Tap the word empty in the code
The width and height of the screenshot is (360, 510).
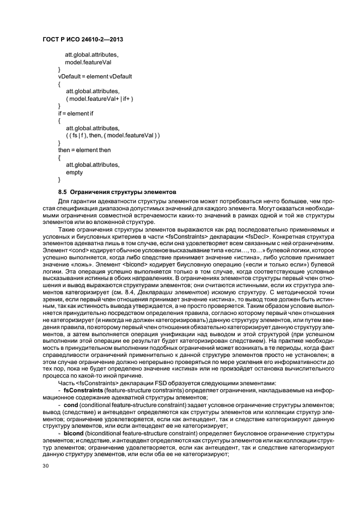pos(74,172)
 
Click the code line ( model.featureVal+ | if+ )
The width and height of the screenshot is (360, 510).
pos(99,98)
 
